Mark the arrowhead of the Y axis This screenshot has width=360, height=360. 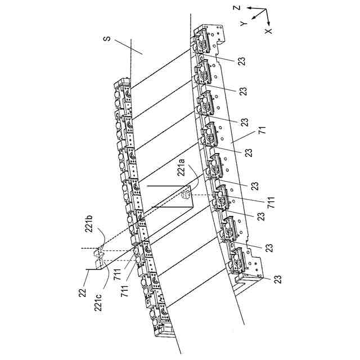[x=255, y=19]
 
